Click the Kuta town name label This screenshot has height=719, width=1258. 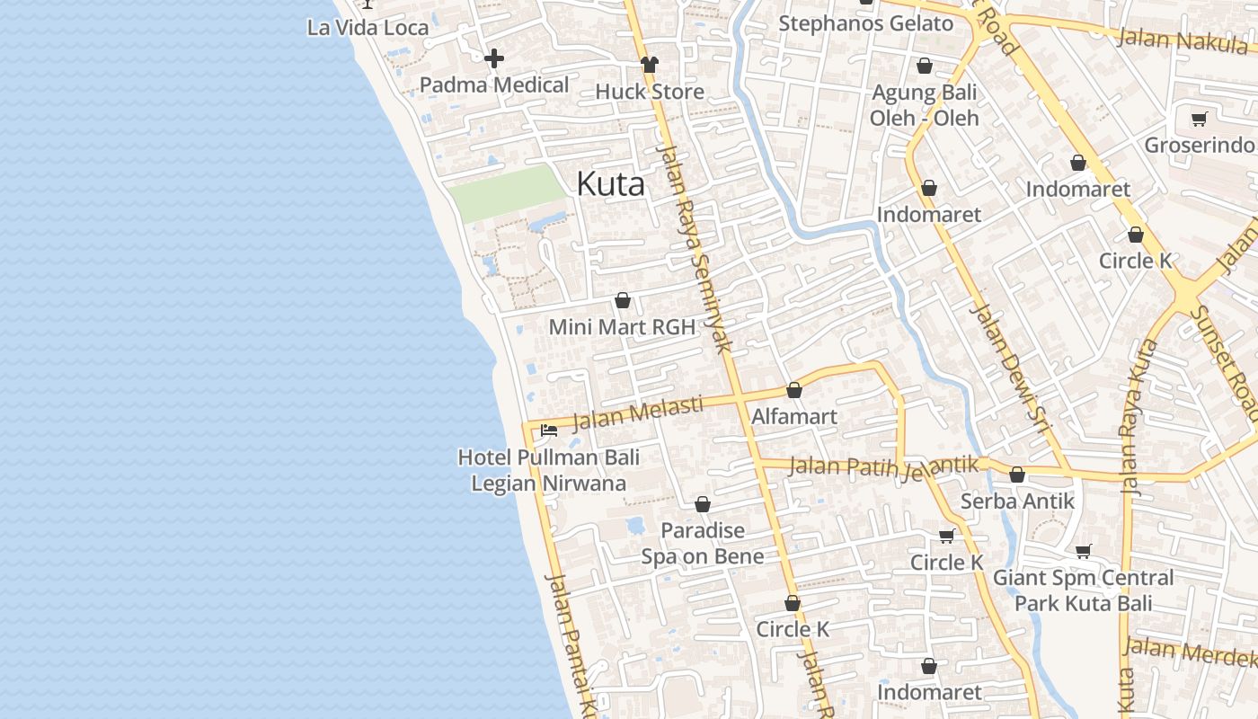click(x=610, y=184)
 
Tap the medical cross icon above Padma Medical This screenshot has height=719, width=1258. click(x=493, y=59)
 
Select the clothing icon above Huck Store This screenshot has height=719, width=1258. click(x=649, y=65)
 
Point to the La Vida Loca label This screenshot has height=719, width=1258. click(x=368, y=27)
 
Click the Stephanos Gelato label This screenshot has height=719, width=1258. click(x=865, y=23)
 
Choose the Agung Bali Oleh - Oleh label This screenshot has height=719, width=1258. click(x=925, y=104)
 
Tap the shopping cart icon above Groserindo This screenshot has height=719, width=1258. click(x=1199, y=119)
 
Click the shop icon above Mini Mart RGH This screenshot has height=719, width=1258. click(x=622, y=300)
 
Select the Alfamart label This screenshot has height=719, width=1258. click(x=794, y=416)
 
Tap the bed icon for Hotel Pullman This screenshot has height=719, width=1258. click(x=549, y=431)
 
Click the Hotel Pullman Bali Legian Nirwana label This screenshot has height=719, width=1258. click(x=549, y=470)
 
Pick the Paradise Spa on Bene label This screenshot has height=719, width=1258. click(x=703, y=543)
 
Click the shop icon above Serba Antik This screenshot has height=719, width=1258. click(x=1017, y=475)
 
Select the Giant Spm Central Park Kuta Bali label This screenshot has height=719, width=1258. click(x=1083, y=590)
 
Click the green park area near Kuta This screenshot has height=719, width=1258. click(x=506, y=193)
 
